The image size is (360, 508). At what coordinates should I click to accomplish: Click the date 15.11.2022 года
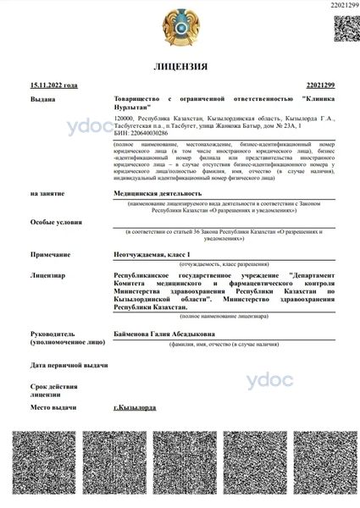pyautogui.click(x=53, y=86)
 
